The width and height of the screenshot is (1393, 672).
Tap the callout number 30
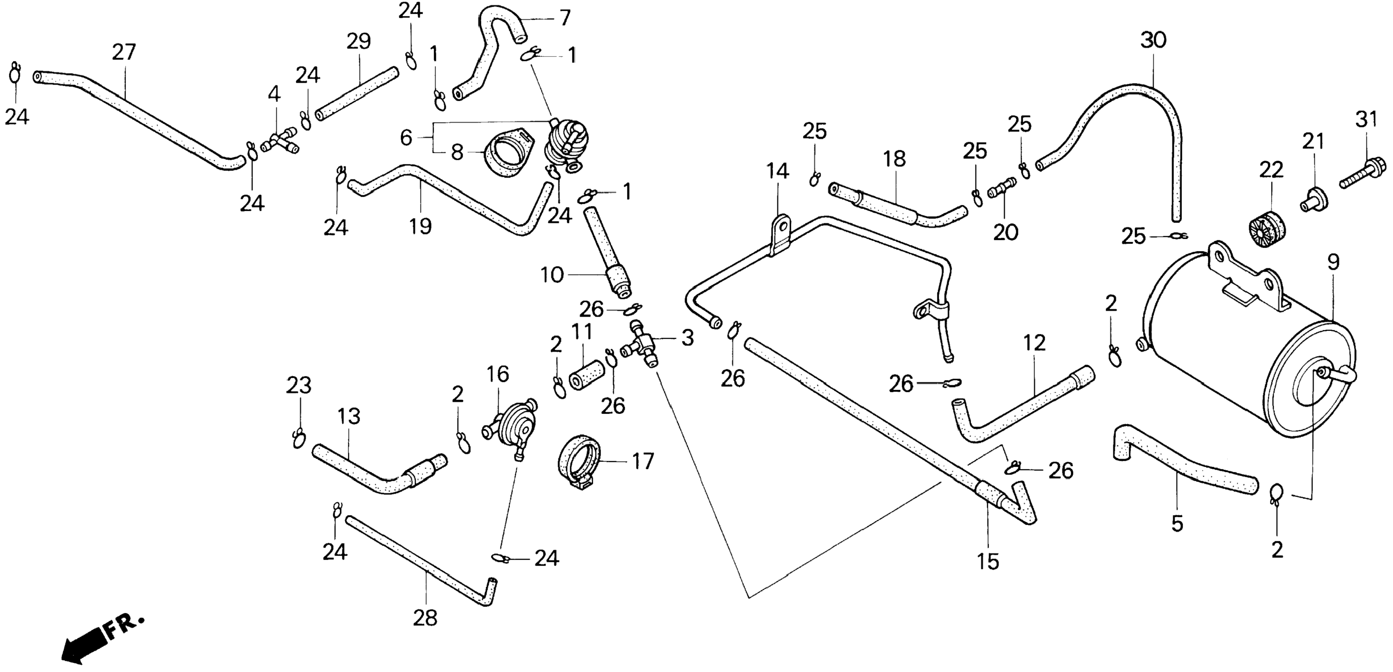pyautogui.click(x=1153, y=40)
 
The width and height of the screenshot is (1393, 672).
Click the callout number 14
pyautogui.click(x=778, y=171)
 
